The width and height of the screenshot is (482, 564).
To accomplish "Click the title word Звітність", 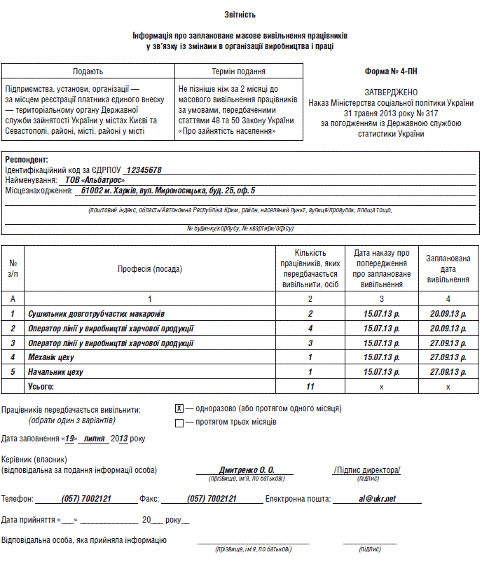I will point(240,14).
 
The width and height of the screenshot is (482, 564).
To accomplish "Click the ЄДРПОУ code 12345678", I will point(143,170).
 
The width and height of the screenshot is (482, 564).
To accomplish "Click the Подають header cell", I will point(88,71).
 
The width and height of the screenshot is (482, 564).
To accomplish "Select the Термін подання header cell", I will point(239,71).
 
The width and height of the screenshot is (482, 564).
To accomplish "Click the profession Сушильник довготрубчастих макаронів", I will point(97,313).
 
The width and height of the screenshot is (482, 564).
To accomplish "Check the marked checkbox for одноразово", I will point(179,408).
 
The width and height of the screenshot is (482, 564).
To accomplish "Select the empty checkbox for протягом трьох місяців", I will point(179,422).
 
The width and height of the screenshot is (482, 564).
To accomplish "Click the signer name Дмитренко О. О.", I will point(247,470).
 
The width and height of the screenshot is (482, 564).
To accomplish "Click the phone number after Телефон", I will point(85,499).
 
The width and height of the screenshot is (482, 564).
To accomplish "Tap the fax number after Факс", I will point(212,499).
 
